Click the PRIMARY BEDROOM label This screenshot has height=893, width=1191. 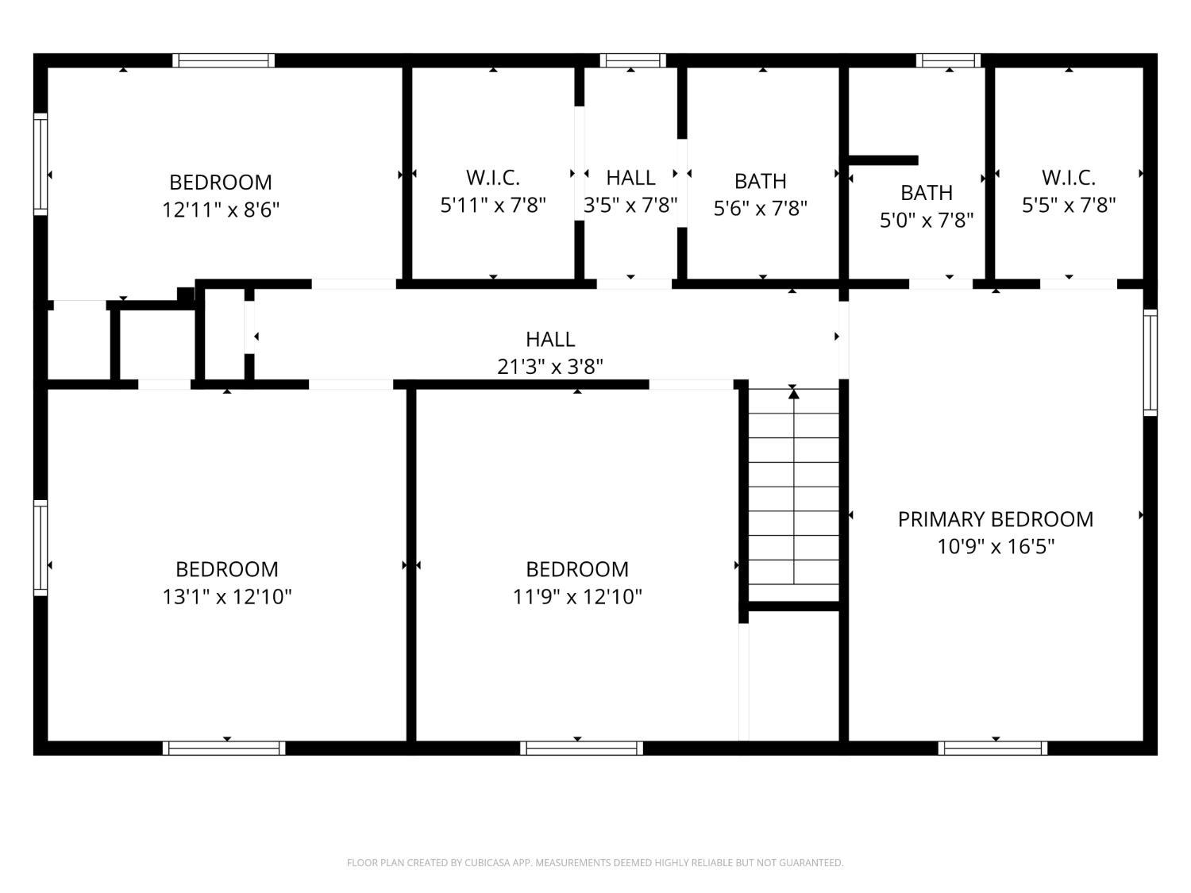tap(995, 519)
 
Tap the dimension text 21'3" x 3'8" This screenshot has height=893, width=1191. tap(550, 367)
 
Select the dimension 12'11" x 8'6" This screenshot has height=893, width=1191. tap(221, 210)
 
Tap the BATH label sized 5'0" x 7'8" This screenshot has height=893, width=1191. tap(927, 193)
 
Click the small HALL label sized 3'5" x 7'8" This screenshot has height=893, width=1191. tap(630, 177)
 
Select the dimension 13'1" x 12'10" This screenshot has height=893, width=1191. tap(227, 596)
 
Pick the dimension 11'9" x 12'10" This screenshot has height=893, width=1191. tap(577, 596)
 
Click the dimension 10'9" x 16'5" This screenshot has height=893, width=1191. tap(995, 547)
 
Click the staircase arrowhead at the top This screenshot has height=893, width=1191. tap(793, 393)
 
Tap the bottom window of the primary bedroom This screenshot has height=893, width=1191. tap(992, 748)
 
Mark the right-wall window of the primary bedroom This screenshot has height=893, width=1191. tap(1150, 362)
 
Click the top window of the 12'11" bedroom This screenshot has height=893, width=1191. tap(224, 60)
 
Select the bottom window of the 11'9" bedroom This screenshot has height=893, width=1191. tap(581, 748)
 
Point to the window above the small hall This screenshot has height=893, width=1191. tap(632, 60)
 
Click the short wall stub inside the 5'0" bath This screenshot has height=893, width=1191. tap(884, 160)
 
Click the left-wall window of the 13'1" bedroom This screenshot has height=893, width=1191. tap(40, 548)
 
